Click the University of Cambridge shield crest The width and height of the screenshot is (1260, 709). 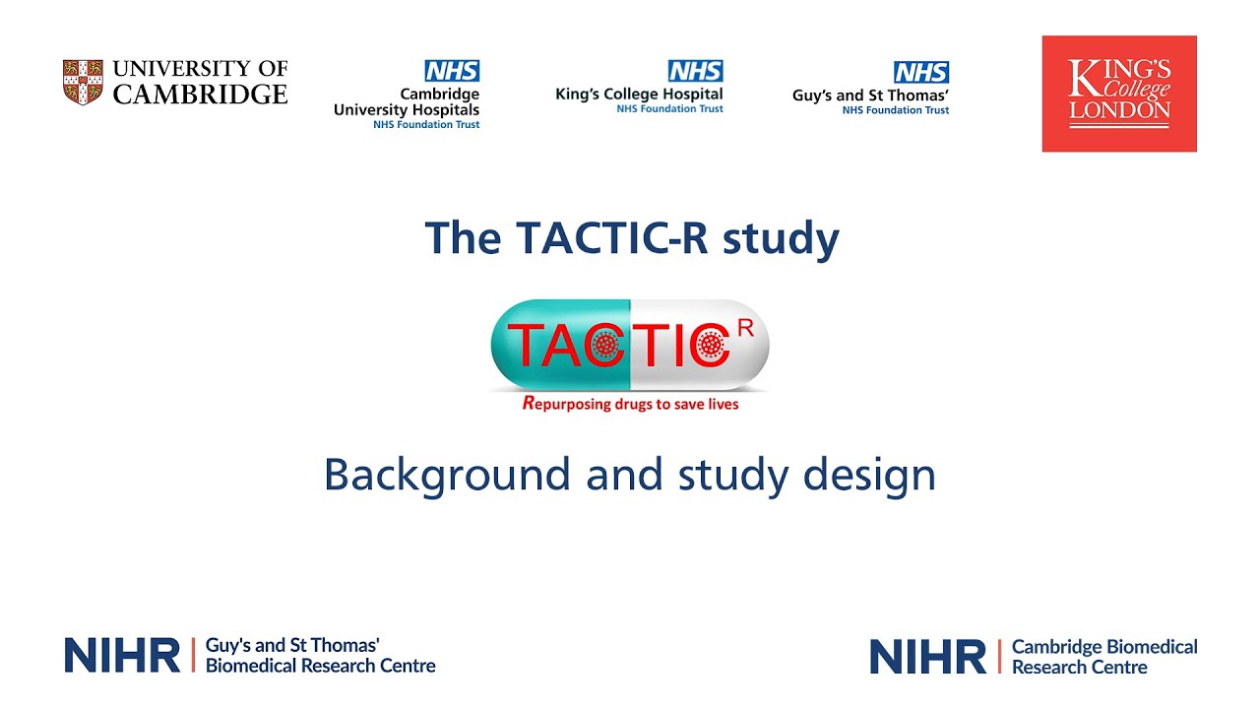coord(83,82)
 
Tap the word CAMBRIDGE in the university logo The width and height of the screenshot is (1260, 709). coord(200,95)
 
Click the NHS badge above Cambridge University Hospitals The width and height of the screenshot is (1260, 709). coord(452,71)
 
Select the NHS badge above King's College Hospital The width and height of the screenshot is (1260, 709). coord(696,71)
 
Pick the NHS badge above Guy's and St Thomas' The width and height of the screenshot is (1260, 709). coord(921,72)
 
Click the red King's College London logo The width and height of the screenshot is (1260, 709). coord(1119,94)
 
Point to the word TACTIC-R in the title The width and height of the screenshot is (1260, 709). coord(612,238)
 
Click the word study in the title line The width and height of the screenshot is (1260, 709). coord(781,239)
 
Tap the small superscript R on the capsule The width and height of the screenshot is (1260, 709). coord(746,328)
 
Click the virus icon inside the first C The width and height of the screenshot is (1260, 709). coord(604,345)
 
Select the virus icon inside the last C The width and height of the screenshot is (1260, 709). coord(711,345)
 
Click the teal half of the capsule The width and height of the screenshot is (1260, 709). coord(561,345)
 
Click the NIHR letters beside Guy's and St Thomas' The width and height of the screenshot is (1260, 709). coord(122,655)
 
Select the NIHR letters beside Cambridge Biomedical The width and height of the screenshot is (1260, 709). coord(927,656)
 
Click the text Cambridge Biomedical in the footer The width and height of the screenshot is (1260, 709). coord(1104,647)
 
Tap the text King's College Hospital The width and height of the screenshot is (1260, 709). coord(639,94)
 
